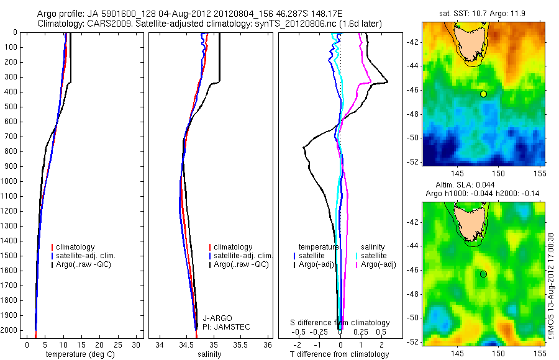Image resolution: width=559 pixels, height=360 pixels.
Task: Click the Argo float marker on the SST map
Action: point(483,94)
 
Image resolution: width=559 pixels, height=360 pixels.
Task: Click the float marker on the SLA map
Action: point(483,274)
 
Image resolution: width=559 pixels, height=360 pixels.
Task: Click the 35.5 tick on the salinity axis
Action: point(241,344)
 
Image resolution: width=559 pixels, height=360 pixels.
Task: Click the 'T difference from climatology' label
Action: point(339,354)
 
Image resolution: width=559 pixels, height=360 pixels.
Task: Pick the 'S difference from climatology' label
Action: point(340,323)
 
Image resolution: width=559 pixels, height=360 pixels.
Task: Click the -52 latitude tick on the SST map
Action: point(412,161)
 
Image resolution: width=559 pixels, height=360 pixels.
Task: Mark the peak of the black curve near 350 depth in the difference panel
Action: point(388,82)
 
